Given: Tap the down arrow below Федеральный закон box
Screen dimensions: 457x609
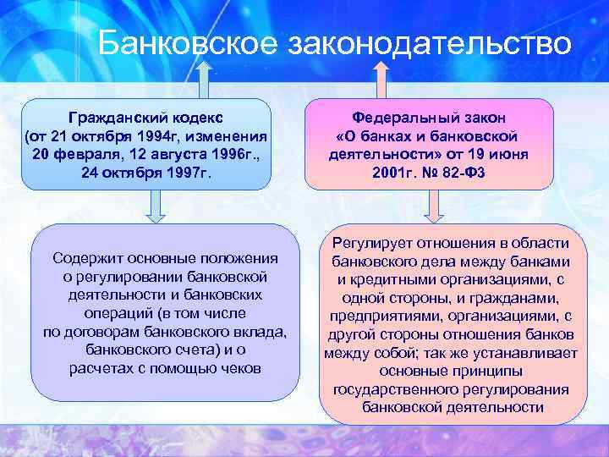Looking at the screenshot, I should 433,206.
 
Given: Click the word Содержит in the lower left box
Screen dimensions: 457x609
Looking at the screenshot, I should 83,258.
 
